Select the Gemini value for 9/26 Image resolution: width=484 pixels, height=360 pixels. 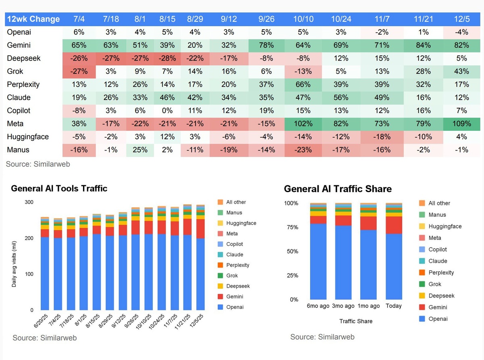click(266, 45)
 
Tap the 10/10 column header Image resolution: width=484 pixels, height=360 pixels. click(303, 19)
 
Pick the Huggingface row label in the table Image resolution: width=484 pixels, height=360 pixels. click(28, 137)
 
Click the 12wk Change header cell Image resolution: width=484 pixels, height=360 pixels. click(33, 19)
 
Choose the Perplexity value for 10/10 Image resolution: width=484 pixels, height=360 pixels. click(303, 84)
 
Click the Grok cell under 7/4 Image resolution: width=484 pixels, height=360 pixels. click(79, 71)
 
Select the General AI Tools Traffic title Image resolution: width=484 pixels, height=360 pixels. click(59, 188)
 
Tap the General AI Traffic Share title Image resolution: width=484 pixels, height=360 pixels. click(338, 189)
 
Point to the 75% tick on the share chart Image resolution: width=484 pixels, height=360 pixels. click(291, 227)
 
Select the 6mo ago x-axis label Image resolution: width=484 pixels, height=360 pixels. click(318, 306)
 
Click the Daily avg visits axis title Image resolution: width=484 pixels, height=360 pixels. click(14, 262)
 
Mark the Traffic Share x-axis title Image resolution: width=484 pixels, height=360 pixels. click(356, 321)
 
